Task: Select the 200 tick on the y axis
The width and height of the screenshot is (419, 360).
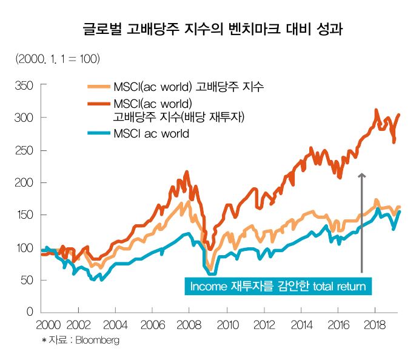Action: tap(24, 182)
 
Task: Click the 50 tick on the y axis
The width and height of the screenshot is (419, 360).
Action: tap(26, 280)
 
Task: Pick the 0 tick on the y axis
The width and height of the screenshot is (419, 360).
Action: tap(29, 312)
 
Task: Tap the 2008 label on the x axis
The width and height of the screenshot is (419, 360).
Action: tap(190, 324)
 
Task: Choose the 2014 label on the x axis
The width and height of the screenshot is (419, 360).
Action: tap(301, 324)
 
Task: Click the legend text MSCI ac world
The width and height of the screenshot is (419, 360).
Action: tap(151, 133)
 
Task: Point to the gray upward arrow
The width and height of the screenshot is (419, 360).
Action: tap(361, 221)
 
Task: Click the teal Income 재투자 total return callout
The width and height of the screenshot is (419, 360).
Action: tap(278, 286)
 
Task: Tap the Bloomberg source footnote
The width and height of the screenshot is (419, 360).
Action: tap(81, 341)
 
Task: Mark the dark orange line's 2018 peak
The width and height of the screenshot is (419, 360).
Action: tap(376, 110)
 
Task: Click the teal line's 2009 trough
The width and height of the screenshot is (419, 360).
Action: tap(212, 273)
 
